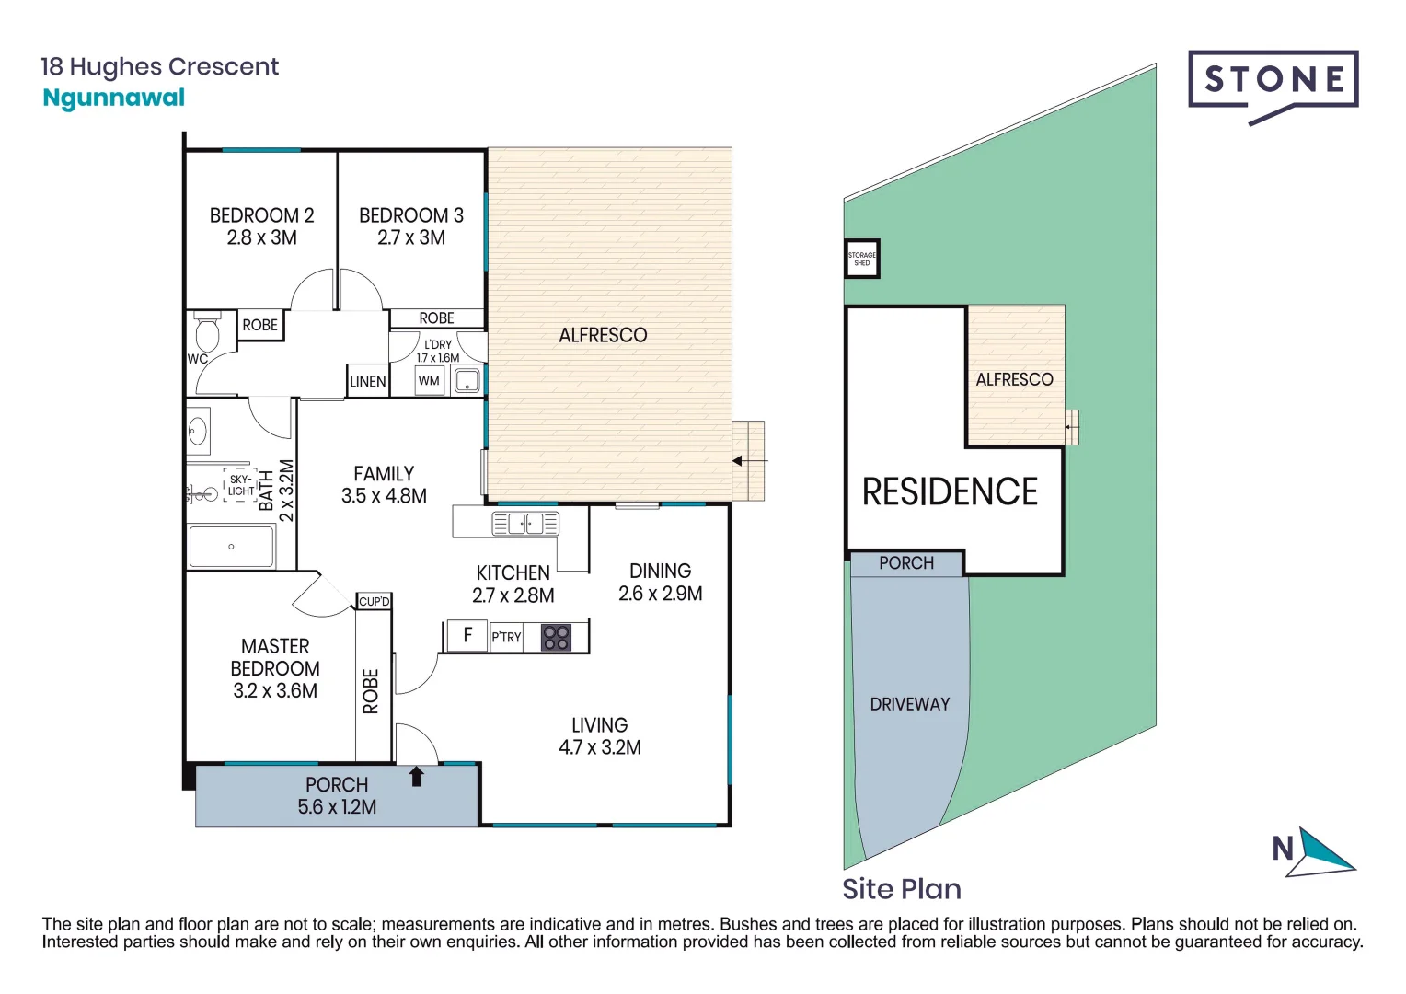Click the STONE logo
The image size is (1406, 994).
point(1273,81)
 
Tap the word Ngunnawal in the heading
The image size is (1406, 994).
point(114,98)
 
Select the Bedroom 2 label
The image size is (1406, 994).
point(261,215)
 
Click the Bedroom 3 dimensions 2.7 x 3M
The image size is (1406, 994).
point(411,237)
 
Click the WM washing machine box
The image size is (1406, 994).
point(429,380)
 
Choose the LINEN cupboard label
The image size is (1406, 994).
point(368,381)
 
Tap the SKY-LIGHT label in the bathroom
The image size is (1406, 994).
point(240,485)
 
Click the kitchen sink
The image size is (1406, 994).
point(525,524)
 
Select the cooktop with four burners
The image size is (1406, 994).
point(556,637)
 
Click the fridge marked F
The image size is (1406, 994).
point(467,635)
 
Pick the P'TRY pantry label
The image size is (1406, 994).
point(506,637)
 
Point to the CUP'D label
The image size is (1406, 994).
point(375,601)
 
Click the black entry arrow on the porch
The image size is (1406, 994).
point(416,776)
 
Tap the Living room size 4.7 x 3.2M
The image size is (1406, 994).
point(600,747)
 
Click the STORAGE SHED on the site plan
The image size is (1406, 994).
point(862,259)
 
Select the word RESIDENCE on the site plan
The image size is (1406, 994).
point(950,491)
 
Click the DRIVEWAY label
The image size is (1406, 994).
point(909,704)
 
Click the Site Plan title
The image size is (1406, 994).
point(902,889)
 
